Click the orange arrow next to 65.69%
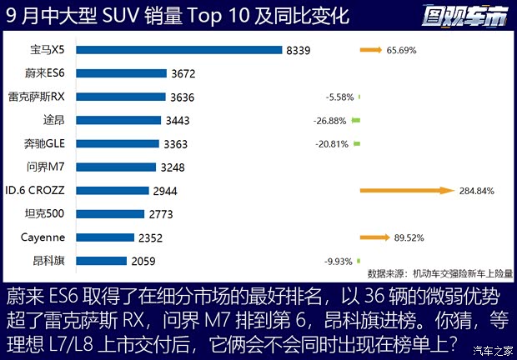370,50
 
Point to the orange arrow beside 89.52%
375,237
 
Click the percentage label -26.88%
331,120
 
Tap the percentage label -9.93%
338,261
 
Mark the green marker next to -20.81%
357,143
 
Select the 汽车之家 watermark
492,349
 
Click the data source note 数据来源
440,272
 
